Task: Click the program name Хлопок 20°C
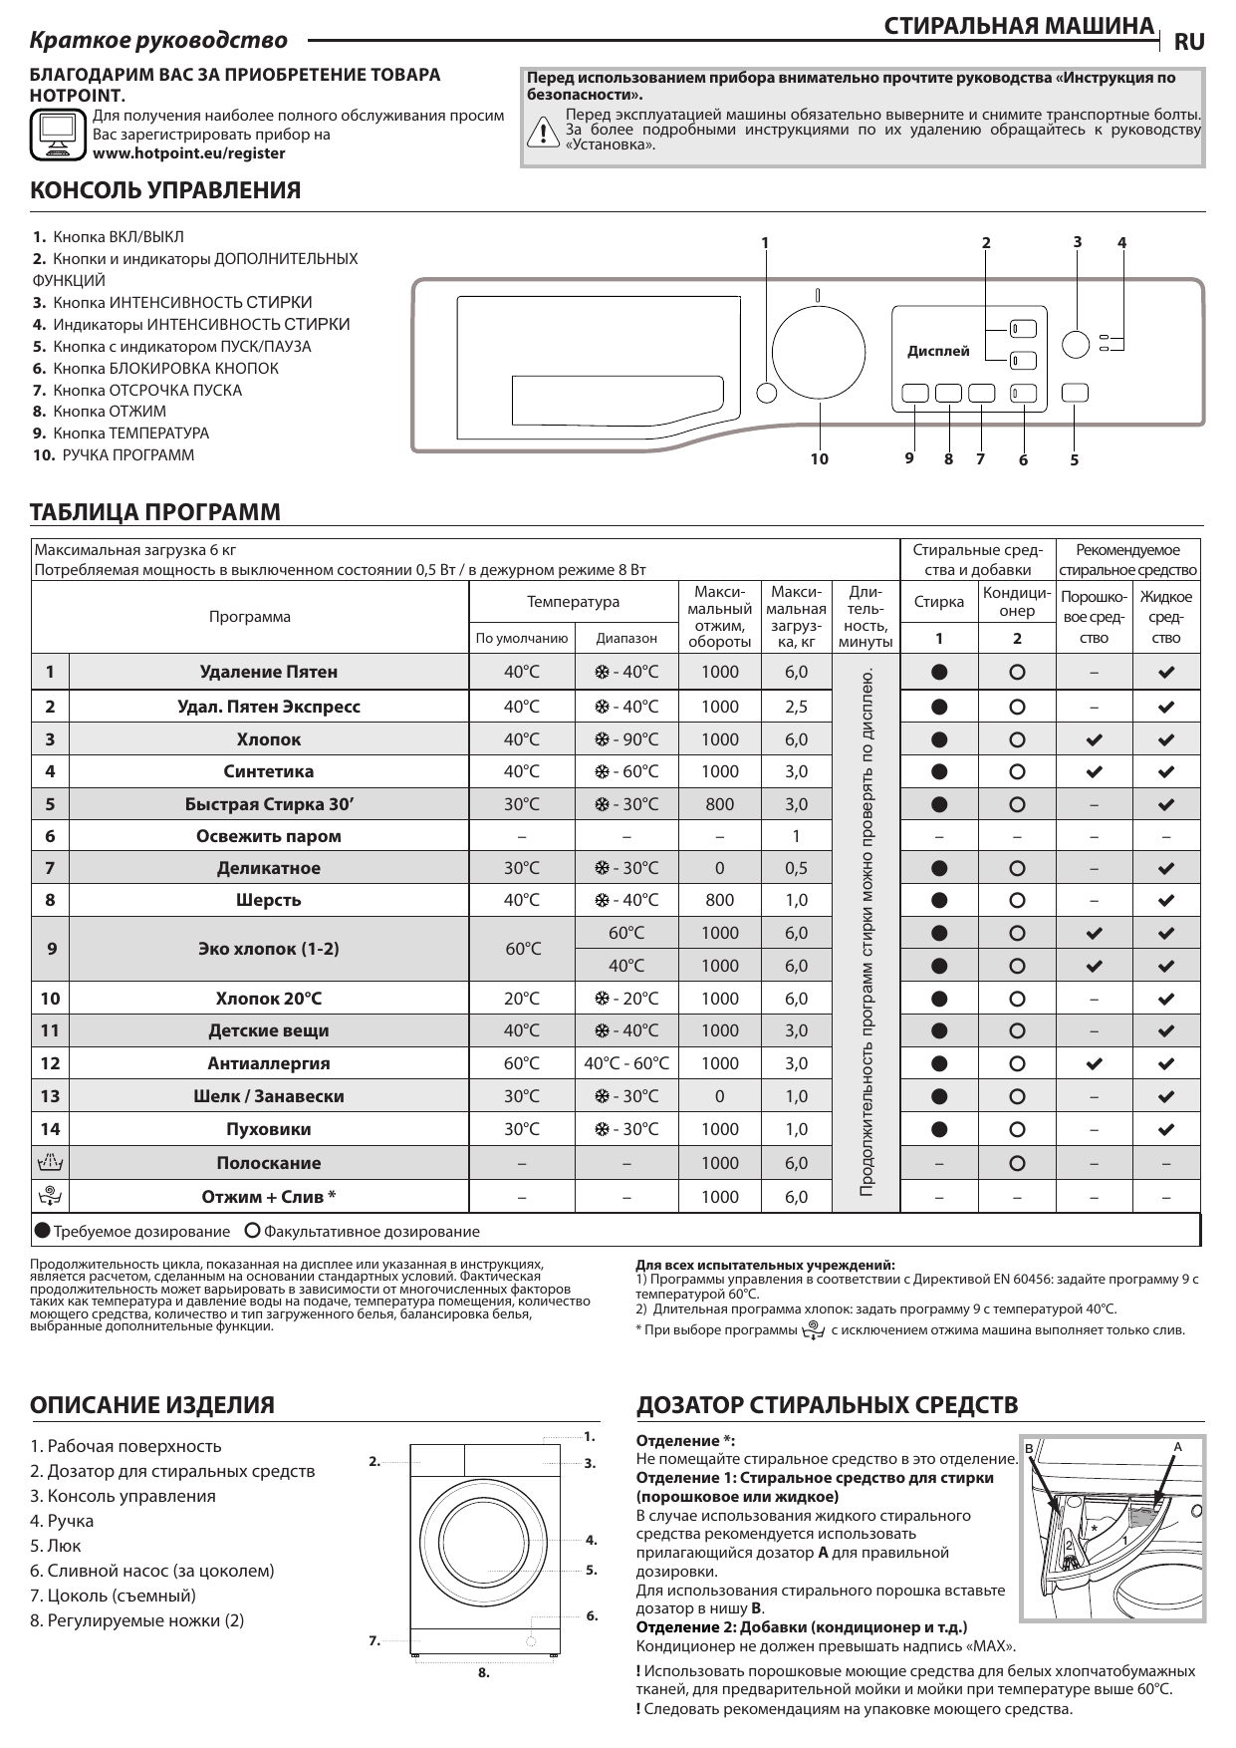[268, 999]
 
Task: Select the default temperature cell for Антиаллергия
[521, 1063]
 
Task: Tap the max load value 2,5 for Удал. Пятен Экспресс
[796, 707]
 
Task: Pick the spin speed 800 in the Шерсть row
[719, 900]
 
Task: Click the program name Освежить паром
[268, 836]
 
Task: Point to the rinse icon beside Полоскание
[50, 1162]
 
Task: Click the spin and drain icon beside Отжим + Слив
[50, 1196]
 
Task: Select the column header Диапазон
[625, 638]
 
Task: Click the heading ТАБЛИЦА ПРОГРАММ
[156, 512]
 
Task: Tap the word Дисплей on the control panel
[938, 351]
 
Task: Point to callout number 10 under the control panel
[819, 459]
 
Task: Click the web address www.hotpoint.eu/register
[188, 153]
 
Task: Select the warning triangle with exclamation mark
[543, 133]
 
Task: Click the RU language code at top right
[1189, 42]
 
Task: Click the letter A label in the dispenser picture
[1177, 1446]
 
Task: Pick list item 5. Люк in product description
[56, 1546]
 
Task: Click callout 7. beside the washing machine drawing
[374, 1639]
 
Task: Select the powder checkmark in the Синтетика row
[1094, 771]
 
